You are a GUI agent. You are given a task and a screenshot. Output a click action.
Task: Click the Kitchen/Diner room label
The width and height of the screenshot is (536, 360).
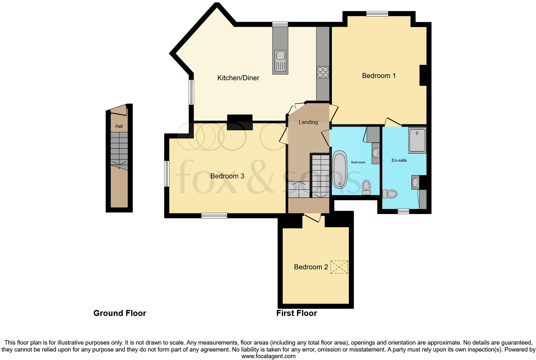click(x=238, y=78)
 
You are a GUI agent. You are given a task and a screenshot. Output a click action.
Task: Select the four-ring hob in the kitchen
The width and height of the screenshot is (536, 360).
click(x=323, y=72)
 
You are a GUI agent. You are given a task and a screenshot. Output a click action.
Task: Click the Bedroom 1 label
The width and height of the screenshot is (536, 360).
click(x=379, y=76)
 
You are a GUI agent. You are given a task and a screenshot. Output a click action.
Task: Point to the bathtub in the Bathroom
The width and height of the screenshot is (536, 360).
click(x=339, y=169)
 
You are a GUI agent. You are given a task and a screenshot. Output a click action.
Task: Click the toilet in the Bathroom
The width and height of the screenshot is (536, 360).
click(x=366, y=188)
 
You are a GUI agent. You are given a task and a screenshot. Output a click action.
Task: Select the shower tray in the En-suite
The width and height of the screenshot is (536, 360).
click(x=417, y=140)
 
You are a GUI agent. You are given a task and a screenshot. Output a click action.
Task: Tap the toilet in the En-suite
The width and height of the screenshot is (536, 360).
click(x=390, y=194)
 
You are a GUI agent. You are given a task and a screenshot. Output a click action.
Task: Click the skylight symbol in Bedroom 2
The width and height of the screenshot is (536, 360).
click(x=339, y=267)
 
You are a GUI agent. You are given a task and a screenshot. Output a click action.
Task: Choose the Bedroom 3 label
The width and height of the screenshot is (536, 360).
click(x=227, y=176)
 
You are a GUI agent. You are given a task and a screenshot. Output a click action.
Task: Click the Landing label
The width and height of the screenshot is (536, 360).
click(x=308, y=122)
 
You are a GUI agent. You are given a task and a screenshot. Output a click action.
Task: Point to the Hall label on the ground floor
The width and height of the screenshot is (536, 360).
click(x=119, y=126)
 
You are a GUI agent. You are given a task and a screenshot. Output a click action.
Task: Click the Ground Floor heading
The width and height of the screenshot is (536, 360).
click(x=120, y=313)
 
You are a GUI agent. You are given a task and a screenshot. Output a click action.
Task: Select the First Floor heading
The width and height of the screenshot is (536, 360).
click(x=296, y=313)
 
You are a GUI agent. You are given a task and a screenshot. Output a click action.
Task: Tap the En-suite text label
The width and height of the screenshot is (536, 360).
click(x=399, y=160)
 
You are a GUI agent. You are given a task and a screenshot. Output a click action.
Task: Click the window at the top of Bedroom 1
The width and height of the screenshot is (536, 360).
click(x=377, y=14)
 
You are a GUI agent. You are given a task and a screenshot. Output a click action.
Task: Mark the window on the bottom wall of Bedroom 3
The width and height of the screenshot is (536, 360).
click(x=214, y=216)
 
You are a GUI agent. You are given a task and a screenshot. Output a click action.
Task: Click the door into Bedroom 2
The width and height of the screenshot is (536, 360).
click(x=312, y=217)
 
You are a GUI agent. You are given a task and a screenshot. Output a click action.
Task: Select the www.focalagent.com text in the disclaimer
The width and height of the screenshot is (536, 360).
click(x=268, y=356)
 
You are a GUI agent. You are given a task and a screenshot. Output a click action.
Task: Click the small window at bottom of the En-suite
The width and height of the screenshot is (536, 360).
click(x=403, y=211)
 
